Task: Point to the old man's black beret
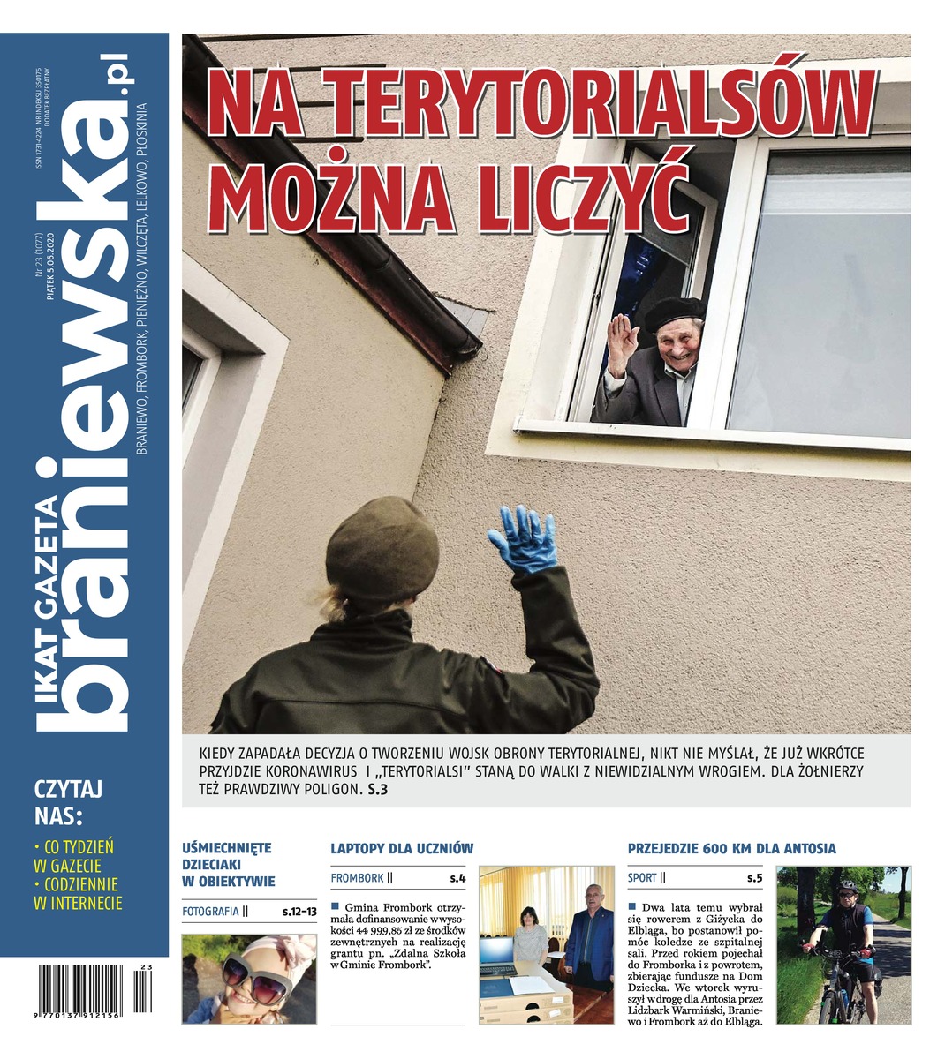tap(674, 312)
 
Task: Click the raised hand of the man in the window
tap(623, 340)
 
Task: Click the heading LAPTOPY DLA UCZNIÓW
tap(402, 848)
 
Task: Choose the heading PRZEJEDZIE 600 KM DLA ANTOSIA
tap(731, 848)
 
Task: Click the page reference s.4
tap(457, 878)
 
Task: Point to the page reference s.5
tap(753, 878)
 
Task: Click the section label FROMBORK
tap(357, 878)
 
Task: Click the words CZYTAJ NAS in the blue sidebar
tap(68, 800)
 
